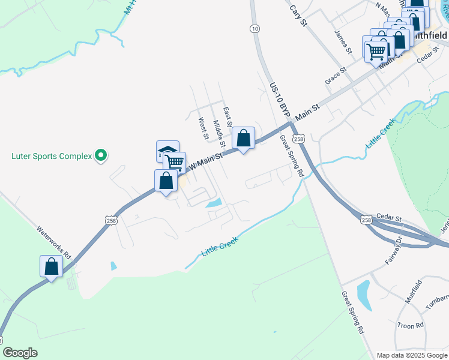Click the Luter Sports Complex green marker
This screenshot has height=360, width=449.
point(101,156)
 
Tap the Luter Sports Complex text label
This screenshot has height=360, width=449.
point(52,157)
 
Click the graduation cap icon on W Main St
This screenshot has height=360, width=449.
point(167,151)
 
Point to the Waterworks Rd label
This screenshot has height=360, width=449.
point(53,242)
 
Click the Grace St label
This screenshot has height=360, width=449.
point(336,76)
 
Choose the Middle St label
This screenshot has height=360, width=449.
point(219,134)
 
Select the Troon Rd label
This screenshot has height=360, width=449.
point(411,325)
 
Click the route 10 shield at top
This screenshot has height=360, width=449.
point(255,28)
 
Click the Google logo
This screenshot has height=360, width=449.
point(20,353)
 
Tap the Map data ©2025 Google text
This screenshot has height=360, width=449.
point(411,355)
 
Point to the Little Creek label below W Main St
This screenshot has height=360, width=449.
point(220,247)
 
